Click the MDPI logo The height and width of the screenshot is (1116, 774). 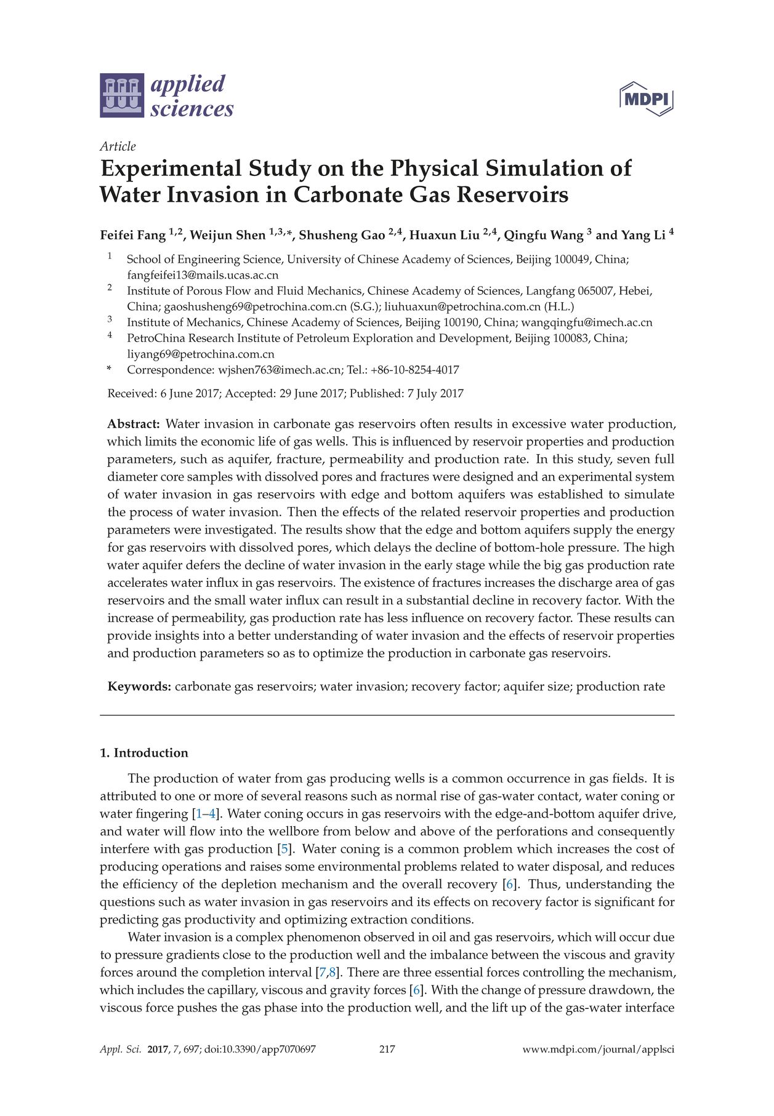tap(646, 99)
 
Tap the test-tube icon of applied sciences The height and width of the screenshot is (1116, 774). tap(122, 95)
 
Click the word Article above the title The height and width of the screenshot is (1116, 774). tap(118, 146)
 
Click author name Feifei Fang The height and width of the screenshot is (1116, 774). tap(133, 236)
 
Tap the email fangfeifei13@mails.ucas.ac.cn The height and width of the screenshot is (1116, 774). tap(203, 275)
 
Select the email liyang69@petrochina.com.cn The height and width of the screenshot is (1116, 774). tap(201, 354)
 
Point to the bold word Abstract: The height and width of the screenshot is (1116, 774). tap(134, 424)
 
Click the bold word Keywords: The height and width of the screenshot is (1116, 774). tap(139, 687)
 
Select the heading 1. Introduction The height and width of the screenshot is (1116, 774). tap(144, 753)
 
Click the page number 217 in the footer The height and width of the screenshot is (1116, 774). tap(387, 1050)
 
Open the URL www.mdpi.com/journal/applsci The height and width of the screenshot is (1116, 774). tap(598, 1050)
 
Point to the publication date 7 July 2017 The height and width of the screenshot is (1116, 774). tap(435, 394)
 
